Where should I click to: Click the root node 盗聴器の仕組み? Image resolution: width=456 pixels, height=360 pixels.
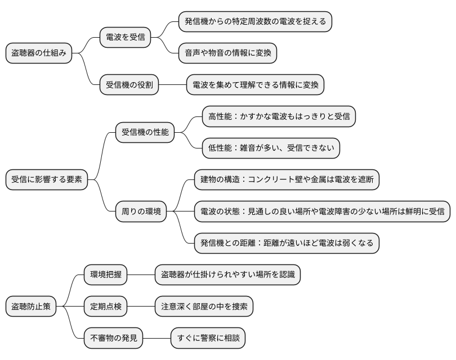click(39, 53)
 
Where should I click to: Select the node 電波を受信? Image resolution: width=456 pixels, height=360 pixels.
click(126, 38)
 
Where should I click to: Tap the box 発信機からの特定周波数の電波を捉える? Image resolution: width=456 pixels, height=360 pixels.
click(255, 22)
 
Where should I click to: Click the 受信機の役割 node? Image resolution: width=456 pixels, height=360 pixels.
click(129, 85)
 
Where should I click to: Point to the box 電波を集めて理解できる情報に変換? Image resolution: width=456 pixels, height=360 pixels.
click(256, 85)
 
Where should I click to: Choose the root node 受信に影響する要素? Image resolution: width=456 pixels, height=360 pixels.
click(47, 179)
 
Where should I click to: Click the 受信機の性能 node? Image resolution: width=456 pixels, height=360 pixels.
click(145, 132)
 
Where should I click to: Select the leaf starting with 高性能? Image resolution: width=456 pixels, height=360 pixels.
click(279, 116)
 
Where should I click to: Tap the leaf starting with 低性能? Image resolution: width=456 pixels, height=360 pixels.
click(271, 148)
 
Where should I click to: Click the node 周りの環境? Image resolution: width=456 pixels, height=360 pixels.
click(141, 211)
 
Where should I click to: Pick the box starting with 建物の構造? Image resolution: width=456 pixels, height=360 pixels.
click(287, 179)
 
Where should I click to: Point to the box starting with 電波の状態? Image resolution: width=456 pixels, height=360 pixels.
click(322, 211)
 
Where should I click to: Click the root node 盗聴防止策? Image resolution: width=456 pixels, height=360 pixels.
click(32, 306)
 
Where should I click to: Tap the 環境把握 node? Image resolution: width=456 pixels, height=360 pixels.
click(105, 274)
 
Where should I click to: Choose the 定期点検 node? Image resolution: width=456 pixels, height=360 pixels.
click(105, 306)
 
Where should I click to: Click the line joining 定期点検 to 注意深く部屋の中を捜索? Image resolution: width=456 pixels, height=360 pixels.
click(141, 306)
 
